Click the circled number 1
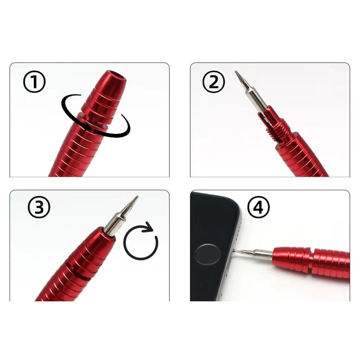tap(35, 82)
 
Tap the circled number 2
tap(213, 82)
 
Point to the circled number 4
tap(258, 207)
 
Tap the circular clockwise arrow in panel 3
tap(141, 242)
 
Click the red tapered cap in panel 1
tap(104, 97)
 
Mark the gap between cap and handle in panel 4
tap(311, 257)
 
